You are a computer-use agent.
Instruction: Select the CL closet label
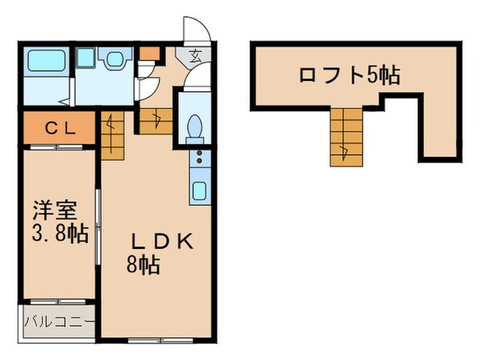(x=60, y=128)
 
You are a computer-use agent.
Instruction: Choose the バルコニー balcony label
(x=58, y=323)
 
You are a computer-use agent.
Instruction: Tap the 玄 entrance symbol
(x=195, y=56)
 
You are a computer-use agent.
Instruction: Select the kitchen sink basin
(x=198, y=190)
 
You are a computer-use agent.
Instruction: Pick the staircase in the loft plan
(x=345, y=136)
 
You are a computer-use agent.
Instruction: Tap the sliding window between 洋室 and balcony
(x=58, y=302)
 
